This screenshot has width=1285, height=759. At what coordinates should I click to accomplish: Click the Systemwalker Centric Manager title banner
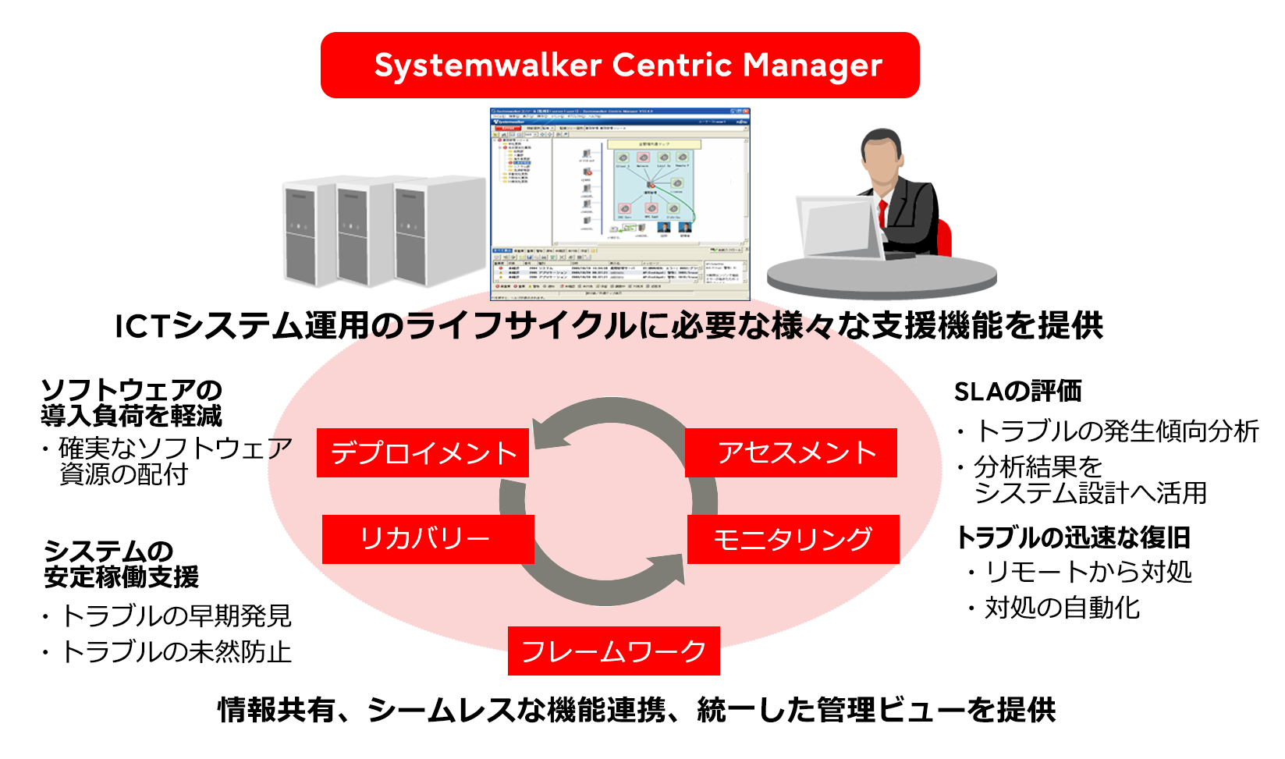(x=619, y=65)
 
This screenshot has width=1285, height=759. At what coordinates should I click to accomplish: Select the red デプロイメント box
(x=422, y=452)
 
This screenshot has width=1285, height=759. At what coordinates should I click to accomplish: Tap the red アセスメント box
(x=791, y=452)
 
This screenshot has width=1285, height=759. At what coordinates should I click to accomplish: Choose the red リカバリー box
(x=428, y=539)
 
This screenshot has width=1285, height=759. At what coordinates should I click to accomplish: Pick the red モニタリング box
(x=793, y=539)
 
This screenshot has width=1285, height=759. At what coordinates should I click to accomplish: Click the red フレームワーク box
(x=613, y=651)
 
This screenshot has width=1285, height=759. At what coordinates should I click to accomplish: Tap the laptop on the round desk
(x=840, y=226)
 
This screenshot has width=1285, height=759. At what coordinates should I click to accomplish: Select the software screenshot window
(x=619, y=204)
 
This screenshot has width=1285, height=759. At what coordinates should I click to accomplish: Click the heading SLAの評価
(x=1017, y=391)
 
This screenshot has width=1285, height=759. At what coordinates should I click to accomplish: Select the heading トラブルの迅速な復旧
(x=1073, y=537)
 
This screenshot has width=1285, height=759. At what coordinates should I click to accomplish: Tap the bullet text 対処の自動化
(x=1062, y=607)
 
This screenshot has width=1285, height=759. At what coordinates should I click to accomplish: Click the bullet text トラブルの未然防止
(x=176, y=651)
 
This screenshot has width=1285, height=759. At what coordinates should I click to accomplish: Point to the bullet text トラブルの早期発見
(x=176, y=615)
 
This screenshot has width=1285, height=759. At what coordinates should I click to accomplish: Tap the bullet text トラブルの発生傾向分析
(x=1116, y=431)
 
